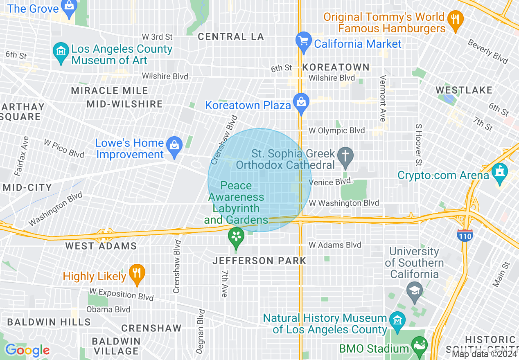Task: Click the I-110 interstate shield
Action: coord(465,235)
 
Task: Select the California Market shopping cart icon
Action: coord(304,41)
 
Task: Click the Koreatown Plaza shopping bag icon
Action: coord(301,103)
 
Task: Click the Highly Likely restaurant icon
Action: coord(136,274)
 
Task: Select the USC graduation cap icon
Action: coord(415,291)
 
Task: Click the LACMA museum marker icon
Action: coord(61,52)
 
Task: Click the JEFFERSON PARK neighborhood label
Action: coord(259,261)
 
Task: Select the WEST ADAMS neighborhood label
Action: coord(101,246)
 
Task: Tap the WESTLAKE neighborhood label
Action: coord(464,90)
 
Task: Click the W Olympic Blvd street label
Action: coord(336,131)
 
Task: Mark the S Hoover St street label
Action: coord(418,146)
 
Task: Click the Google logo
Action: coord(27,350)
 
